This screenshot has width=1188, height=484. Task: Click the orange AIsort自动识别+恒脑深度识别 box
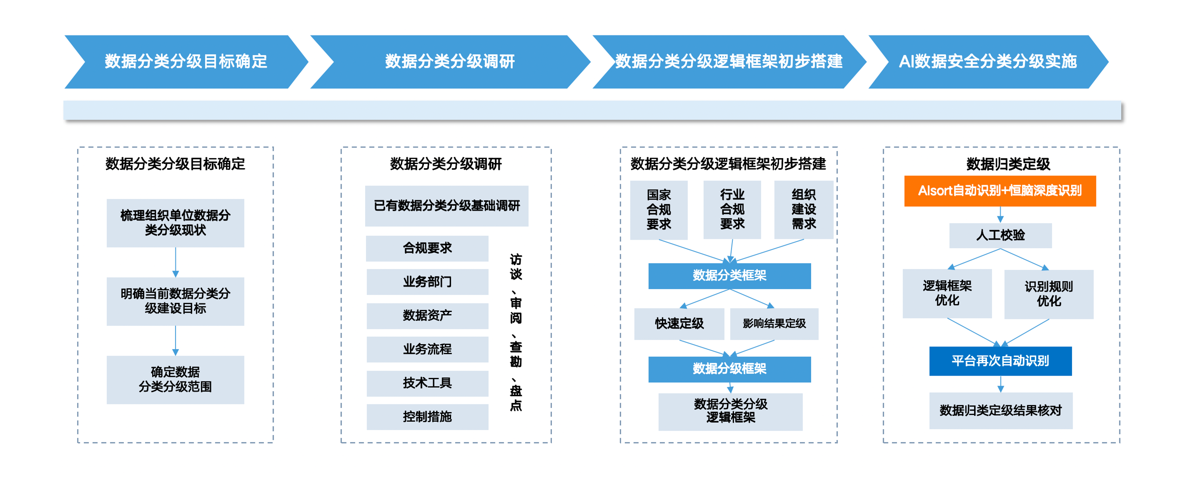[x=999, y=191]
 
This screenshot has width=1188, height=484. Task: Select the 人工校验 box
[x=1000, y=235]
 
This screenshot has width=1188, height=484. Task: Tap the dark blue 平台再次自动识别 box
[x=1000, y=361]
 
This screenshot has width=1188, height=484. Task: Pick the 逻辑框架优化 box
[x=947, y=293]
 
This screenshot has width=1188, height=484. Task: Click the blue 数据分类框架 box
[x=729, y=276]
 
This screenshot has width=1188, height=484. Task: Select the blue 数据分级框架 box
[x=729, y=369]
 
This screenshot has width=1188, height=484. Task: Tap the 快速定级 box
[x=679, y=324]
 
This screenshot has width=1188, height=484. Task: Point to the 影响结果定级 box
[x=774, y=324]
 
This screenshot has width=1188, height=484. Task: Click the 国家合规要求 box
[x=658, y=209]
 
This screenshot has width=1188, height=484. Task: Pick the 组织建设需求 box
[x=803, y=209]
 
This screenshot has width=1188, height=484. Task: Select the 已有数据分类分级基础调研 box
[x=446, y=206]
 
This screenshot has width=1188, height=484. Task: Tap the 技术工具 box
[x=427, y=383]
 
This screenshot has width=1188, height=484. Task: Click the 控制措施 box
[x=427, y=417]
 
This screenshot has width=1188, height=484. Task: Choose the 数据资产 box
[x=427, y=315]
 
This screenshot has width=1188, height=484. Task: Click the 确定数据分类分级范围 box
[x=175, y=379]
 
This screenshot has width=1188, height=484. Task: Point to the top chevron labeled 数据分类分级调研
[x=450, y=61]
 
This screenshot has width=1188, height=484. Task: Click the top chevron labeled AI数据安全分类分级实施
[x=987, y=61]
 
